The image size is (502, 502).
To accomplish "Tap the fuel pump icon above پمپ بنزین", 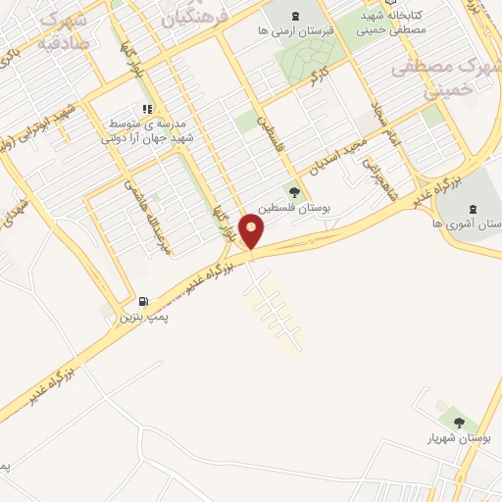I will [x=144, y=302].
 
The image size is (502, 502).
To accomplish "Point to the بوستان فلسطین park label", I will [x=292, y=209].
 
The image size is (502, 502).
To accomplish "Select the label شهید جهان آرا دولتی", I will [x=150, y=137].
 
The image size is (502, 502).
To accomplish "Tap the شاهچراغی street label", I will [x=375, y=178].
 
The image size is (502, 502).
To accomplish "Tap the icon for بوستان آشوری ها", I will [x=474, y=208].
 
